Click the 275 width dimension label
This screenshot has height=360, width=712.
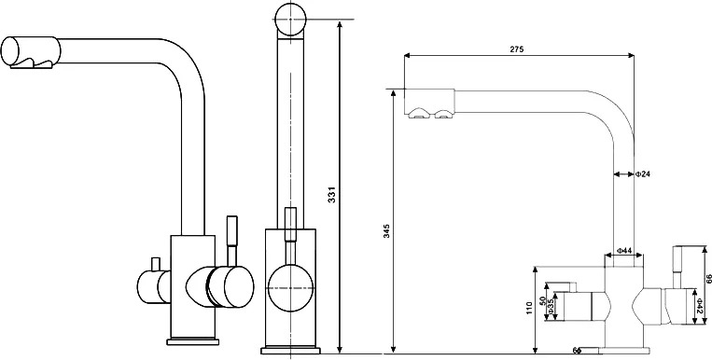click(x=516, y=49)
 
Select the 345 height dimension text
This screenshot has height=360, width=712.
click(x=386, y=231)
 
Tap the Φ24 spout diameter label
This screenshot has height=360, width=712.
click(x=643, y=173)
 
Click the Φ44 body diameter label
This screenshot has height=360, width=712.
click(x=625, y=250)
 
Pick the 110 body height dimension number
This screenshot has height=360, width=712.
click(x=528, y=309)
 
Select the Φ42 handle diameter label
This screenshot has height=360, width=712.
click(x=700, y=306)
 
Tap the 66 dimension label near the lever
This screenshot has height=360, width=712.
click(x=708, y=279)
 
